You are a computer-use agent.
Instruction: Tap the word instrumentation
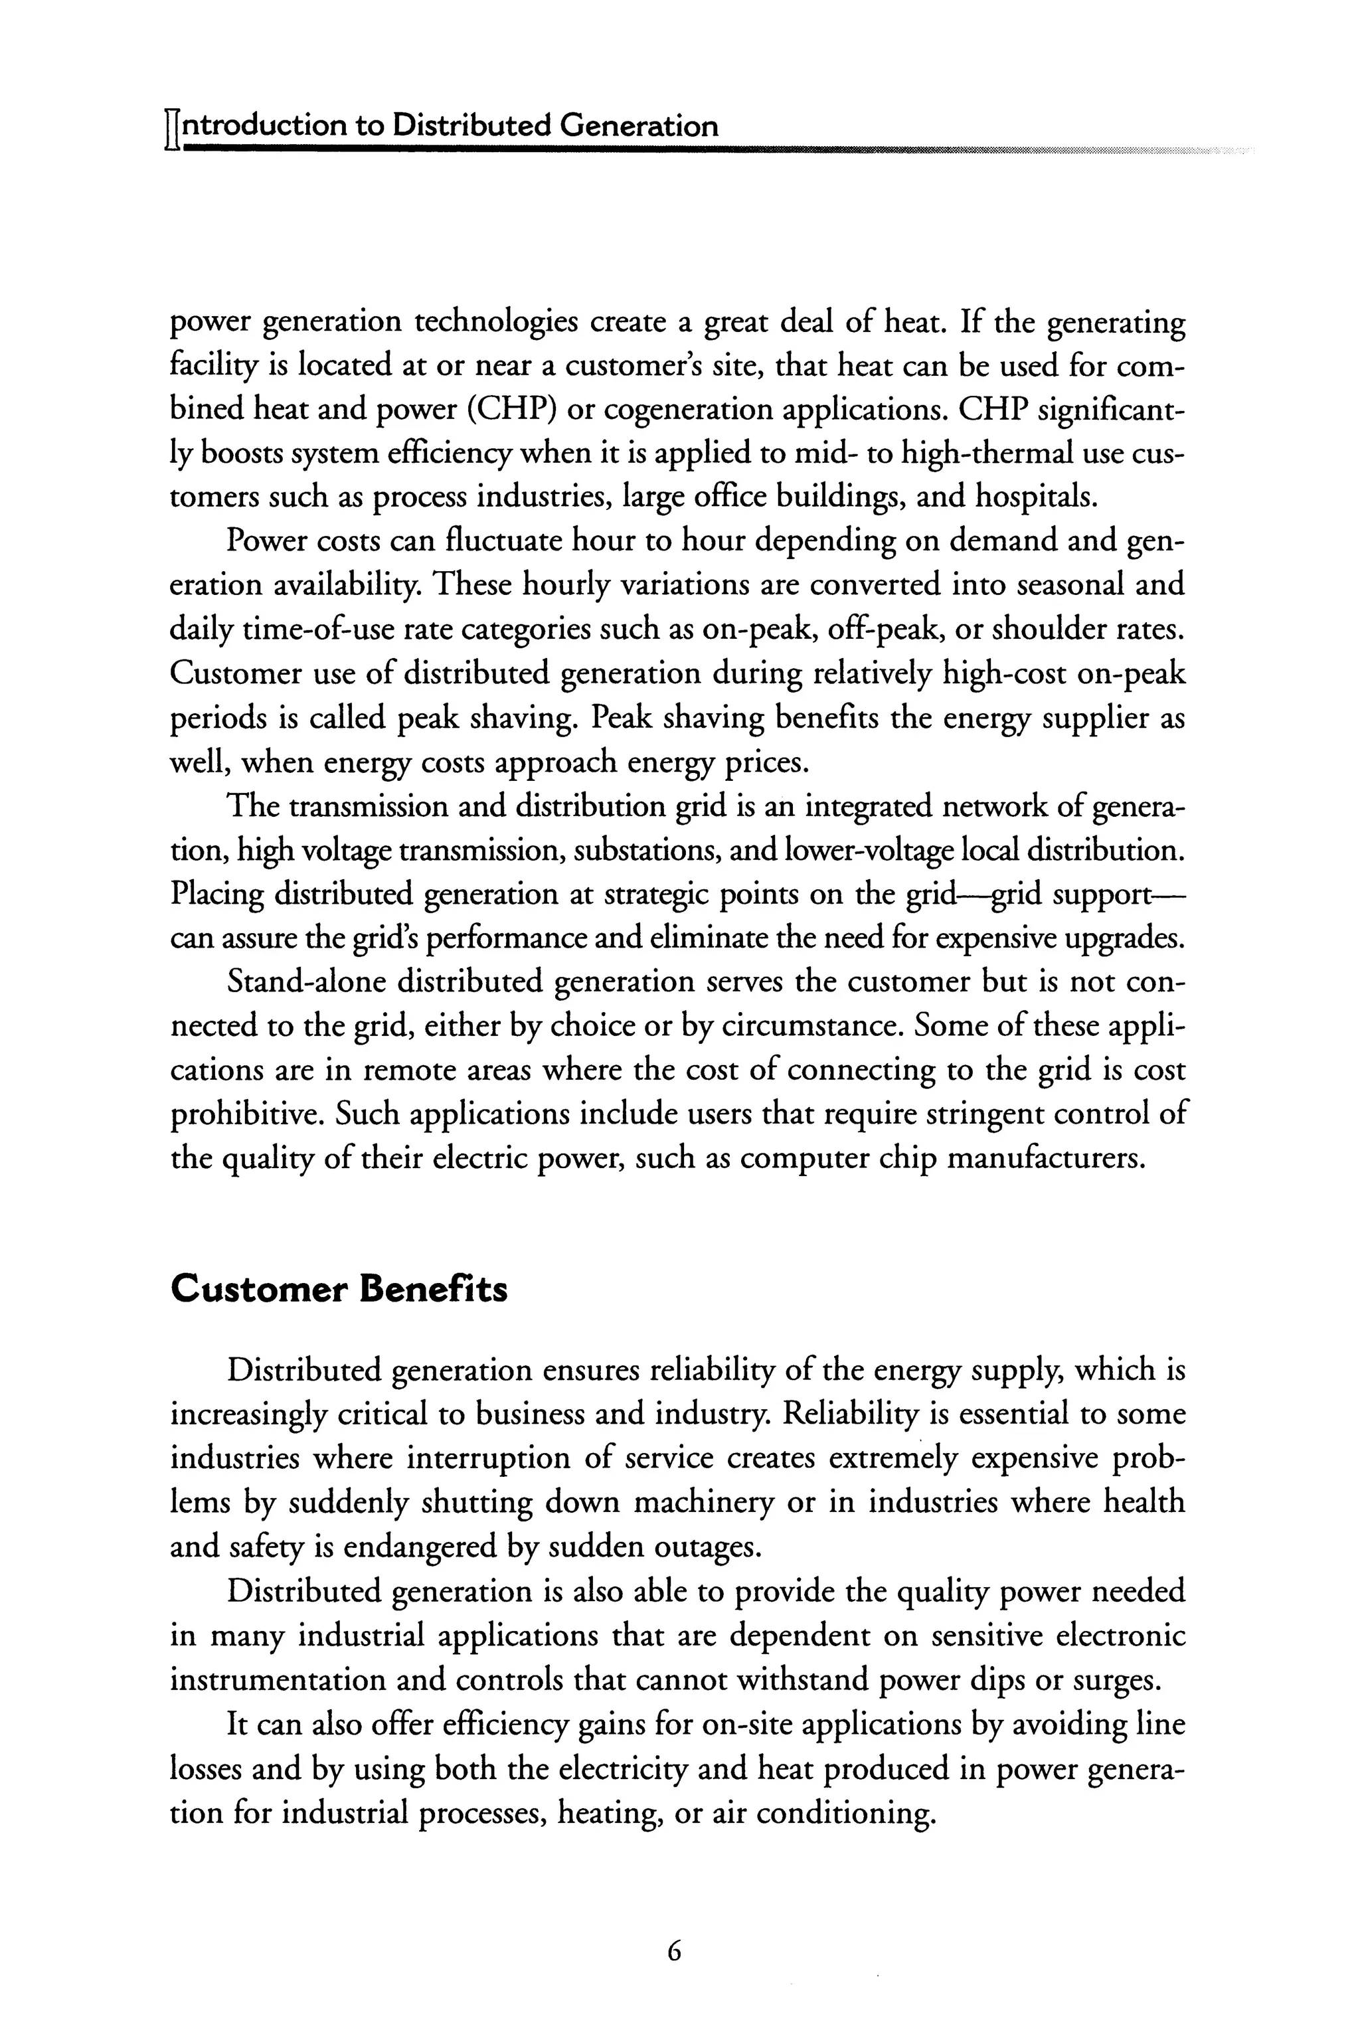(x=276, y=1680)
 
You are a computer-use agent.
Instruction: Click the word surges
(x=1116, y=1680)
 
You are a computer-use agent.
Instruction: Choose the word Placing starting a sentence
(x=217, y=894)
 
